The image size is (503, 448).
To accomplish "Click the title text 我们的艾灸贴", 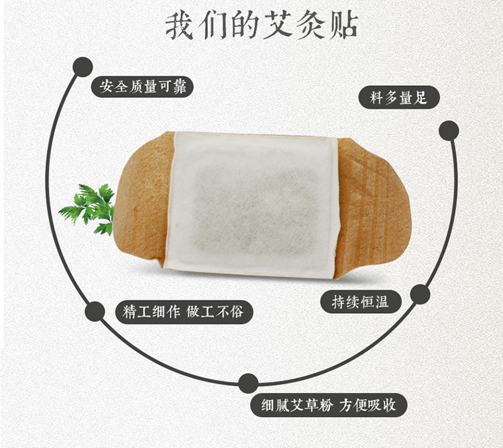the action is pos(262,24).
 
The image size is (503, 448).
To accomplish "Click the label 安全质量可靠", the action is pos(143,87).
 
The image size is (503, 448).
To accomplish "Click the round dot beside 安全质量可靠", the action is pos(82,66).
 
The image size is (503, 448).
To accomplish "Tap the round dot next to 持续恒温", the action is pos(420,294).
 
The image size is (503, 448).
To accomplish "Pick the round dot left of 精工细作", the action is pos(95,311).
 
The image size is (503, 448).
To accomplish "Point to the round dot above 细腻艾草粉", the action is pos(249,383).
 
